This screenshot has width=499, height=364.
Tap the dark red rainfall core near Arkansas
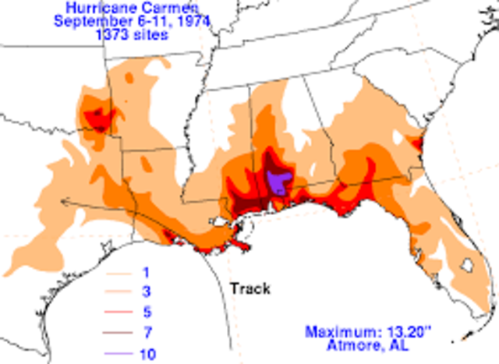[97, 116]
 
